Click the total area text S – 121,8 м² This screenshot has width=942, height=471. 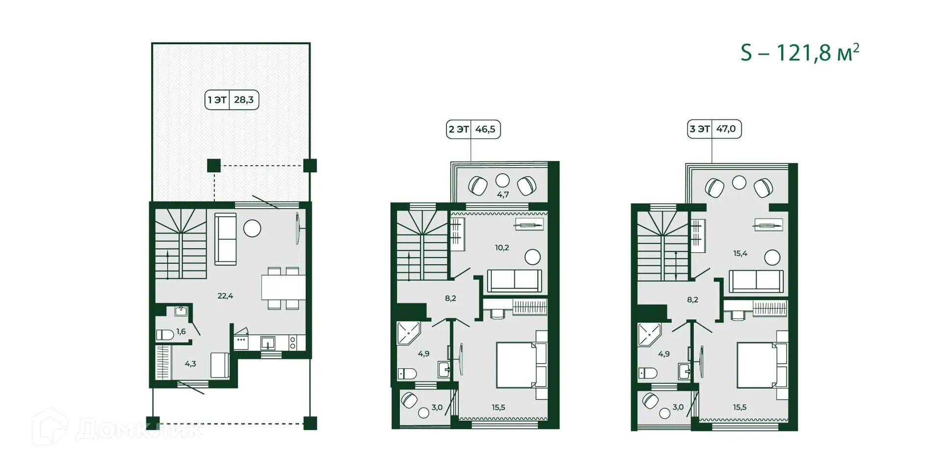click(x=800, y=53)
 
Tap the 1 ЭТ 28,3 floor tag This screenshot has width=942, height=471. click(x=232, y=100)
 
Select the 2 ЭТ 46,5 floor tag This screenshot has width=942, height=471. click(x=473, y=130)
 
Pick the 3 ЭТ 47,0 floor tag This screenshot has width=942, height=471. click(x=714, y=129)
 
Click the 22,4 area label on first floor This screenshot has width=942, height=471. click(x=225, y=296)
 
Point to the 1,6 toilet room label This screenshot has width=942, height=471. click(x=181, y=332)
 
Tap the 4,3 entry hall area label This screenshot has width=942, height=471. click(x=190, y=364)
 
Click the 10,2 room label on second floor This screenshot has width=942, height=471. click(x=502, y=248)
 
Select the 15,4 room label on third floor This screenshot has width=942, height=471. click(x=740, y=254)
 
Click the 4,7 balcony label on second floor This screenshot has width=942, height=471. click(x=503, y=195)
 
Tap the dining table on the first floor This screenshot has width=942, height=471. click(x=283, y=288)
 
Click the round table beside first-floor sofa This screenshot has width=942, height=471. click(x=252, y=229)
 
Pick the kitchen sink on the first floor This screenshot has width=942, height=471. click(x=268, y=342)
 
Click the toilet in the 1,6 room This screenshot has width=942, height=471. click(x=165, y=335)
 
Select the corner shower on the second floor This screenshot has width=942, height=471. click(x=408, y=333)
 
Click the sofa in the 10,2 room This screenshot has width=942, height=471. click(x=514, y=281)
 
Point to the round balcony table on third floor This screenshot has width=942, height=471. click(x=739, y=183)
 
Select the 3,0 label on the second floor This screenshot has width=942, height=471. click(x=437, y=408)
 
